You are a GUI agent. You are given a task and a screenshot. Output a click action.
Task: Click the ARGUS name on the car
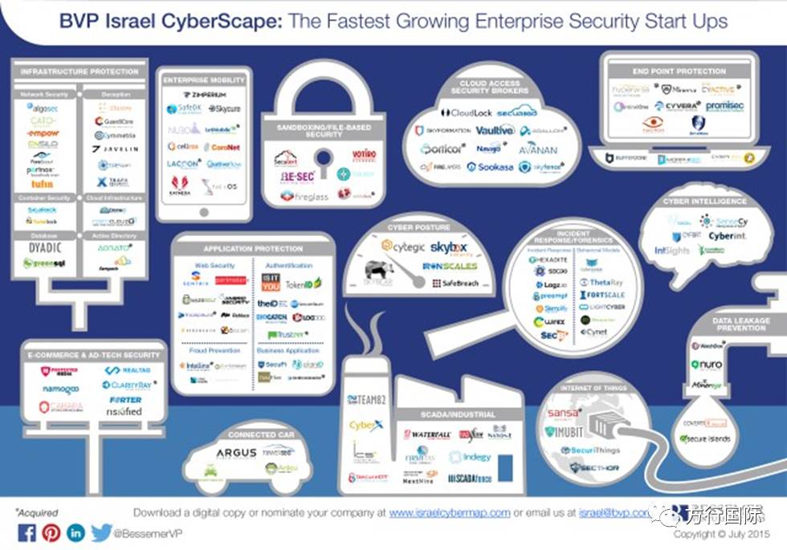click(x=235, y=454)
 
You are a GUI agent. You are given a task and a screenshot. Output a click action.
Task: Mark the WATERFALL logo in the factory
click(x=426, y=435)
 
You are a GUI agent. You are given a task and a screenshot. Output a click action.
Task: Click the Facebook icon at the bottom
click(x=26, y=532)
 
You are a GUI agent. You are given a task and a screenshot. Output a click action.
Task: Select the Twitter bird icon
click(x=100, y=532)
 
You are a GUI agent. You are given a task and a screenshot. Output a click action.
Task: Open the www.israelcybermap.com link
click(x=450, y=512)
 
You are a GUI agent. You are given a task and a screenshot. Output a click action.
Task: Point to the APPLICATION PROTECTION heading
click(x=253, y=249)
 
